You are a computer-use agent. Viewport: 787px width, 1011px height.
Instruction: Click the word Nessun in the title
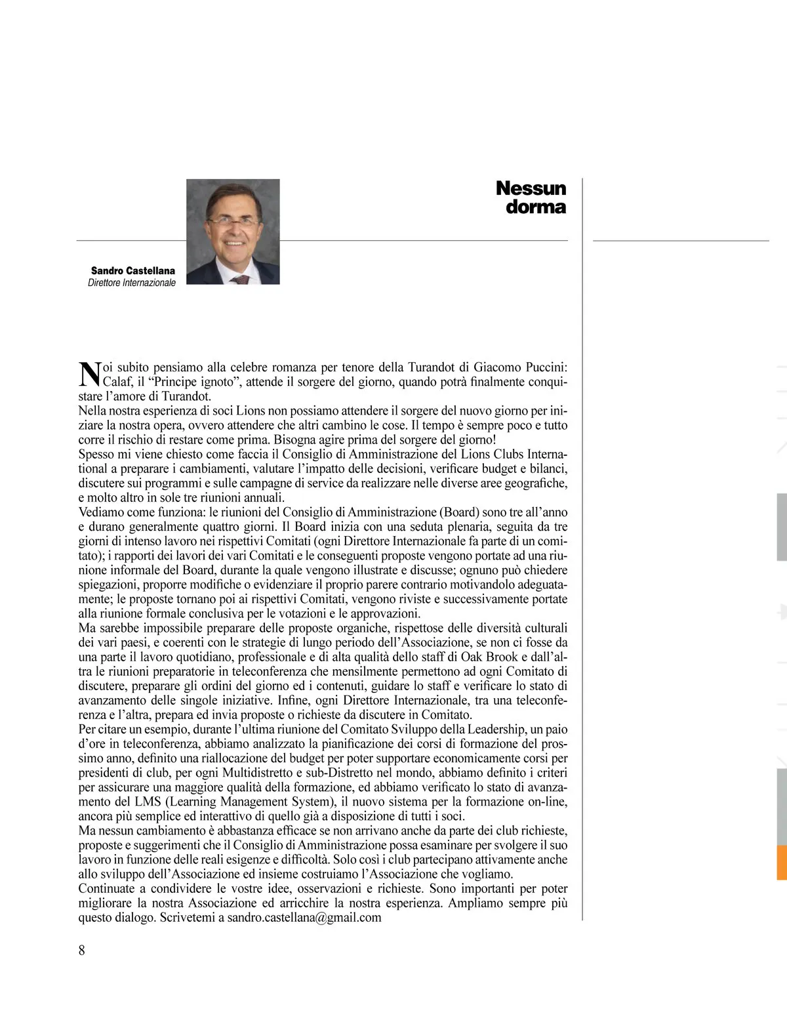point(531,188)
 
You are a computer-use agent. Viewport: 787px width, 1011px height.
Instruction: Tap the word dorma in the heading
point(535,207)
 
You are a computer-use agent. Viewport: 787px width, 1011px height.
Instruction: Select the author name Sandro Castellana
point(133,270)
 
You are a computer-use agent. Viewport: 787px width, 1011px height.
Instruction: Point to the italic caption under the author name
point(132,283)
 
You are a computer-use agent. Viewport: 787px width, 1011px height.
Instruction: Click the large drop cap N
point(89,373)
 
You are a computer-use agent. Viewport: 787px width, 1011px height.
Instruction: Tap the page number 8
point(82,950)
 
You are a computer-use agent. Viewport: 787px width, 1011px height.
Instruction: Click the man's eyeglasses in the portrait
point(233,222)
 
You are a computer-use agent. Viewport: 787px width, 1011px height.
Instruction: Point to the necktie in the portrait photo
point(241,279)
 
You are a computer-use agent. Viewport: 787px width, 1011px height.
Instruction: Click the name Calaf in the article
point(119,382)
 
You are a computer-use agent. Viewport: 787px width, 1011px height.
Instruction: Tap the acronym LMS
point(148,802)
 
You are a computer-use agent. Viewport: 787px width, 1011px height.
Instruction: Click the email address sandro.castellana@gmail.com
point(304,918)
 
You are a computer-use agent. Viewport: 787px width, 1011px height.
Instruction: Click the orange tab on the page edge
point(781,863)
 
